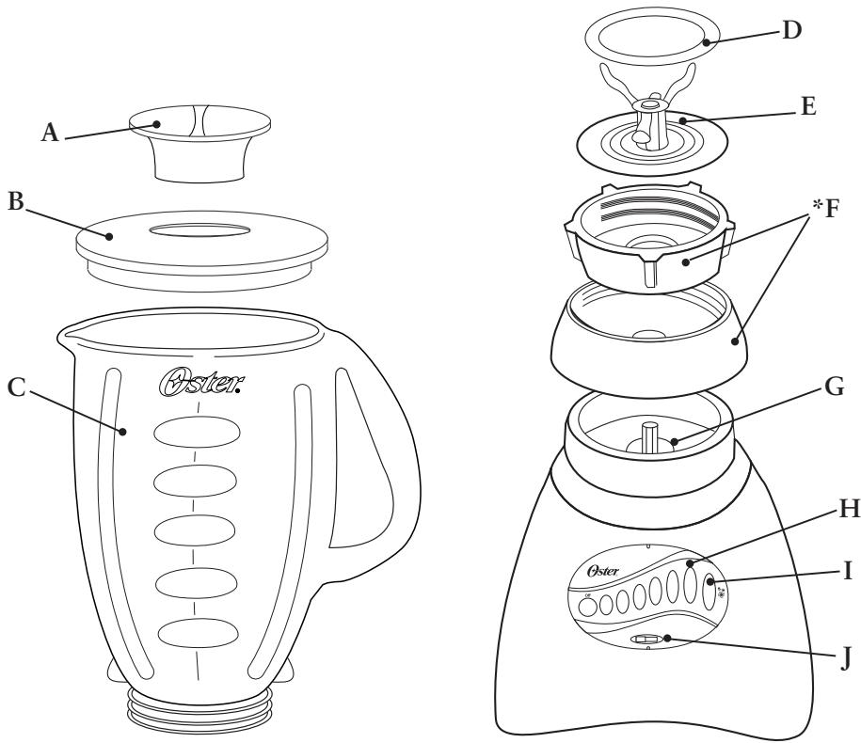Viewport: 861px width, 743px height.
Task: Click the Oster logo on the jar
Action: (x=196, y=384)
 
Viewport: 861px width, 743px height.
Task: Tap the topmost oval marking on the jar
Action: (x=197, y=432)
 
